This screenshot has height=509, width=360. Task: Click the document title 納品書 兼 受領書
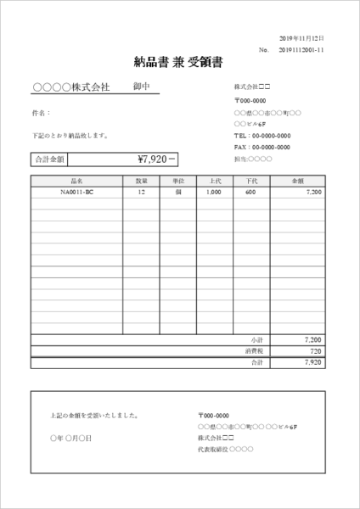coord(179,61)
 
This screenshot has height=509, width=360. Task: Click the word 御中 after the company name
coord(142,87)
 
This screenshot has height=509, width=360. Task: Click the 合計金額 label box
coord(49,159)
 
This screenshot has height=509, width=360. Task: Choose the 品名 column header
coord(77,181)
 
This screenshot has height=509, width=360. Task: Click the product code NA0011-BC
coord(77,193)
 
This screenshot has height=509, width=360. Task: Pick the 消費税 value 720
coord(314,350)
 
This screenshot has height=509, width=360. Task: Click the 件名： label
coord(41,112)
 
